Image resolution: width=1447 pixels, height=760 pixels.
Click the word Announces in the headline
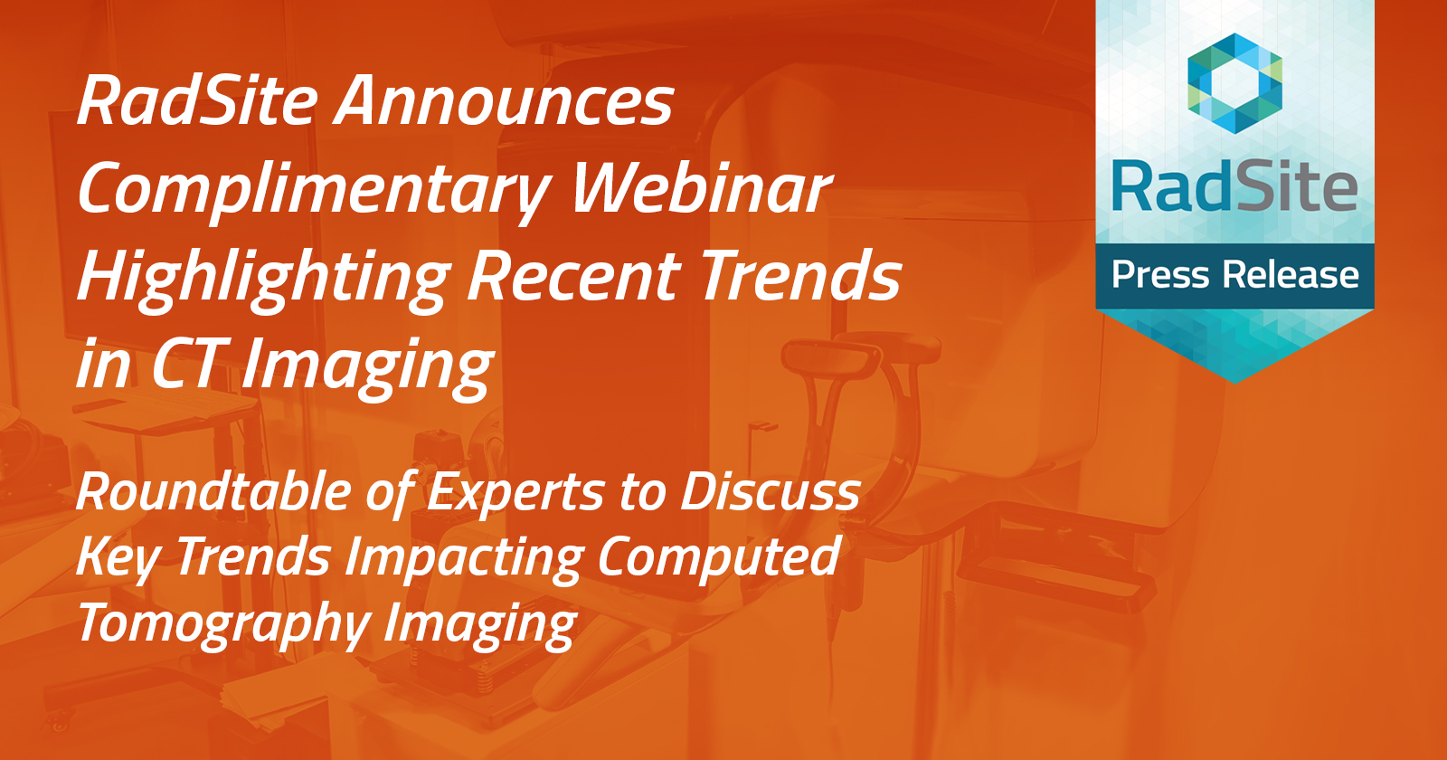tap(505, 101)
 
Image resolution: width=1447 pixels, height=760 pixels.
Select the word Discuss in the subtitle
tap(770, 492)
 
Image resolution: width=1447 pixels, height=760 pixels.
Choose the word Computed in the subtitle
tap(719, 557)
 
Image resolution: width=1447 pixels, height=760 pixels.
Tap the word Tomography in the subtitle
tap(223, 625)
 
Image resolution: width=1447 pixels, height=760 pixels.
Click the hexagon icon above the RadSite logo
tap(1234, 83)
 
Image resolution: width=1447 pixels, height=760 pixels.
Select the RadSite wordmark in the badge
tap(1234, 187)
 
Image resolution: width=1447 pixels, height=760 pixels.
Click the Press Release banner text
tap(1234, 275)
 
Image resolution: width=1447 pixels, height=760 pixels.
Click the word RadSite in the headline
tap(197, 101)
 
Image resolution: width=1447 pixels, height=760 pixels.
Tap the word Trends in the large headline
tap(800, 276)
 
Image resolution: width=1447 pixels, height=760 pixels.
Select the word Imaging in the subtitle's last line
tap(480, 625)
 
